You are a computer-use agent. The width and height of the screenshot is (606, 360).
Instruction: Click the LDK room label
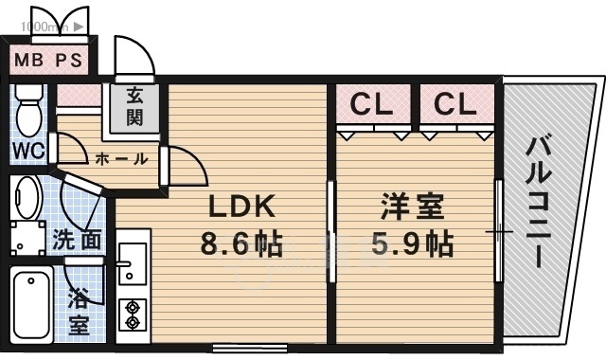point(242,206)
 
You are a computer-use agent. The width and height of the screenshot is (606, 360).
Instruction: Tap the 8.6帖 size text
point(241,243)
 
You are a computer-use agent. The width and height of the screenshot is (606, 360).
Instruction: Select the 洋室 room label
point(412,207)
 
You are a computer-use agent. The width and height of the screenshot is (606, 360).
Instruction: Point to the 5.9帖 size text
point(412,243)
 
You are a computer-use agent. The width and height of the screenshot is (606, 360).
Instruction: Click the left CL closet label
point(371,103)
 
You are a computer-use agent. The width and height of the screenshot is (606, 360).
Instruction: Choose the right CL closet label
point(454,103)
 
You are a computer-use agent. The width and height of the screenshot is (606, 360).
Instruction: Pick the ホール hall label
point(121,158)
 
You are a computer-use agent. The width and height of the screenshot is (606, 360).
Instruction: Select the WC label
point(28,151)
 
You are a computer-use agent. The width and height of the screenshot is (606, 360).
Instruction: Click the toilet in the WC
point(28,110)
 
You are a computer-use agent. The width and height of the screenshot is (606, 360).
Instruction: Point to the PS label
point(69,60)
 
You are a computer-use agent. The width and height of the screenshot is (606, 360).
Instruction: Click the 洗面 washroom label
point(77,240)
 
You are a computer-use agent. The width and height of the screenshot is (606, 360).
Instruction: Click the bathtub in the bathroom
point(31,304)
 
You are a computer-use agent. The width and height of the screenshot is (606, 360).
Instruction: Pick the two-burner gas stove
point(133,315)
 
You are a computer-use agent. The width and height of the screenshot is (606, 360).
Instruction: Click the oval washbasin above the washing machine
point(28,198)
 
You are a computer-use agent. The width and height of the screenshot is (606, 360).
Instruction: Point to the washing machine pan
point(28,239)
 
